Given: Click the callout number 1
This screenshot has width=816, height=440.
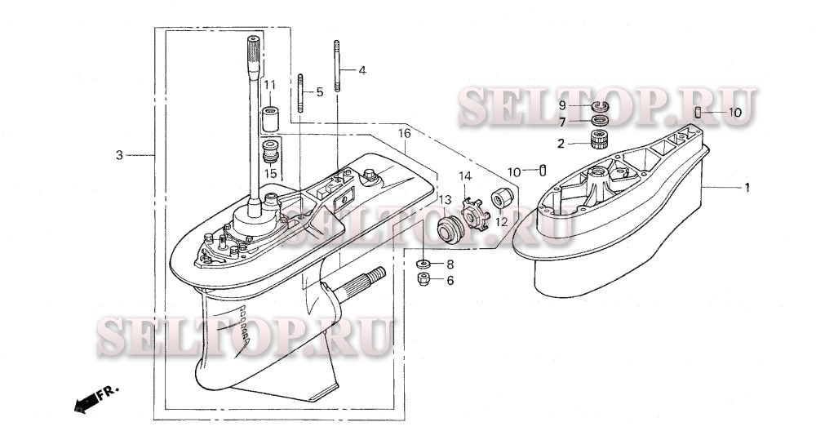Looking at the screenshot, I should pos(745,187).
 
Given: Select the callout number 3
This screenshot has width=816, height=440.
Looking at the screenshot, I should pos(119,154).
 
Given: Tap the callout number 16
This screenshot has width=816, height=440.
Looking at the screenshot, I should pos(404,132).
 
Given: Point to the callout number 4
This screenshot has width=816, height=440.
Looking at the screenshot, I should pos(361,70).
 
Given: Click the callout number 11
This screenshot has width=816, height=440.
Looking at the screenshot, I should pos(269,85).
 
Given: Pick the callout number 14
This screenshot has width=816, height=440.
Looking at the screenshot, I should pos(464,176).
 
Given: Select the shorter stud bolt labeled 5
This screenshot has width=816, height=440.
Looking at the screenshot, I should pos(302,94).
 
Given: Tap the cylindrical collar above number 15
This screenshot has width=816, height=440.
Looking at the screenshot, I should pos(270,119).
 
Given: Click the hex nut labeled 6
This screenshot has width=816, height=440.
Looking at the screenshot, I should pos(424,280).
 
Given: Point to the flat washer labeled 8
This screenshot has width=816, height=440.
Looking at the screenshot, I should pos(424,264).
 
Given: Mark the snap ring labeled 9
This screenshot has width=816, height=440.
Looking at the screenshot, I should pos(601,106).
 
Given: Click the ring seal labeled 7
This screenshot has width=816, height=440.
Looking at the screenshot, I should pos(601,122).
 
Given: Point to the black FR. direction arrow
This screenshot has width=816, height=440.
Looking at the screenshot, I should pos(85,402).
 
